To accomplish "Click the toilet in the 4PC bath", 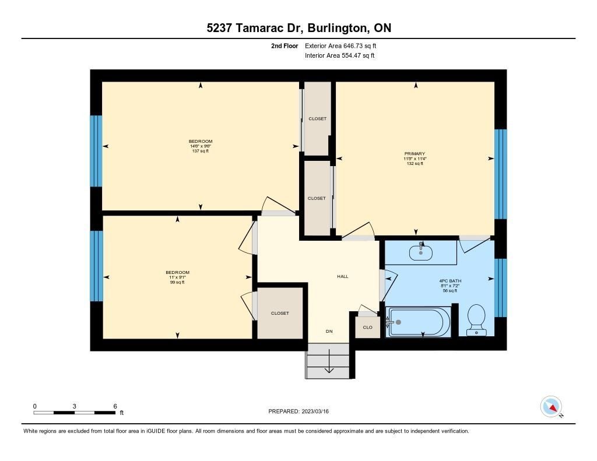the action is [x=476, y=320].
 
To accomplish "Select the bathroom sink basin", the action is [x=421, y=252].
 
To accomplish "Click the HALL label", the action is [x=343, y=276].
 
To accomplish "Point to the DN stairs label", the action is [x=329, y=331].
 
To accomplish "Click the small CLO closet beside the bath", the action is [x=367, y=328].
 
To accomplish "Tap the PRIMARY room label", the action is [x=415, y=154].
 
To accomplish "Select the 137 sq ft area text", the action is [x=201, y=151].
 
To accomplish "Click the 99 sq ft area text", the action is [x=177, y=282].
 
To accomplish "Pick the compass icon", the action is [x=551, y=407].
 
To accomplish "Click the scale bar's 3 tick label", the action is [x=74, y=406].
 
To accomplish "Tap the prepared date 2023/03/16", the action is [x=315, y=411].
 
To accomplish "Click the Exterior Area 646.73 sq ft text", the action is [x=340, y=45].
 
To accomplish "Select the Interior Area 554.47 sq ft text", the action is [x=340, y=55].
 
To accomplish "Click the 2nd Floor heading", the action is [x=285, y=45].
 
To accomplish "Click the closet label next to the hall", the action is [x=280, y=314].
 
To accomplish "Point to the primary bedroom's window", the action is [x=500, y=174].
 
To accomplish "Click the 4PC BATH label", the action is [x=450, y=281].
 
